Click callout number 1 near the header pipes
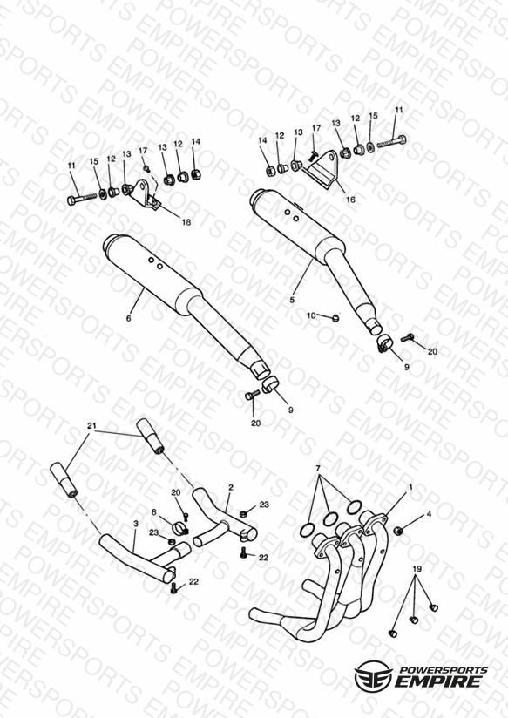(x=410, y=488)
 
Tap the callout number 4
(x=429, y=514)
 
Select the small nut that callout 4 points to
(x=398, y=531)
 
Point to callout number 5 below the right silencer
(x=292, y=301)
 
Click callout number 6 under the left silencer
(x=129, y=318)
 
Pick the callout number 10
(x=311, y=315)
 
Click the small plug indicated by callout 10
(x=335, y=317)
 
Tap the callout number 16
(x=350, y=200)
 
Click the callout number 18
(x=186, y=222)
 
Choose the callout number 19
(x=417, y=569)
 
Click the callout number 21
(x=92, y=426)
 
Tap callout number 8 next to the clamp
(x=154, y=512)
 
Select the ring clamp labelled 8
(x=180, y=529)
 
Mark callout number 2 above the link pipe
(x=231, y=488)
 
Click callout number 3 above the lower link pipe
(x=136, y=523)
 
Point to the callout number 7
(x=318, y=469)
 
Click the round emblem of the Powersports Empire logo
(x=373, y=675)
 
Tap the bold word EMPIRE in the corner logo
(x=438, y=681)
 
